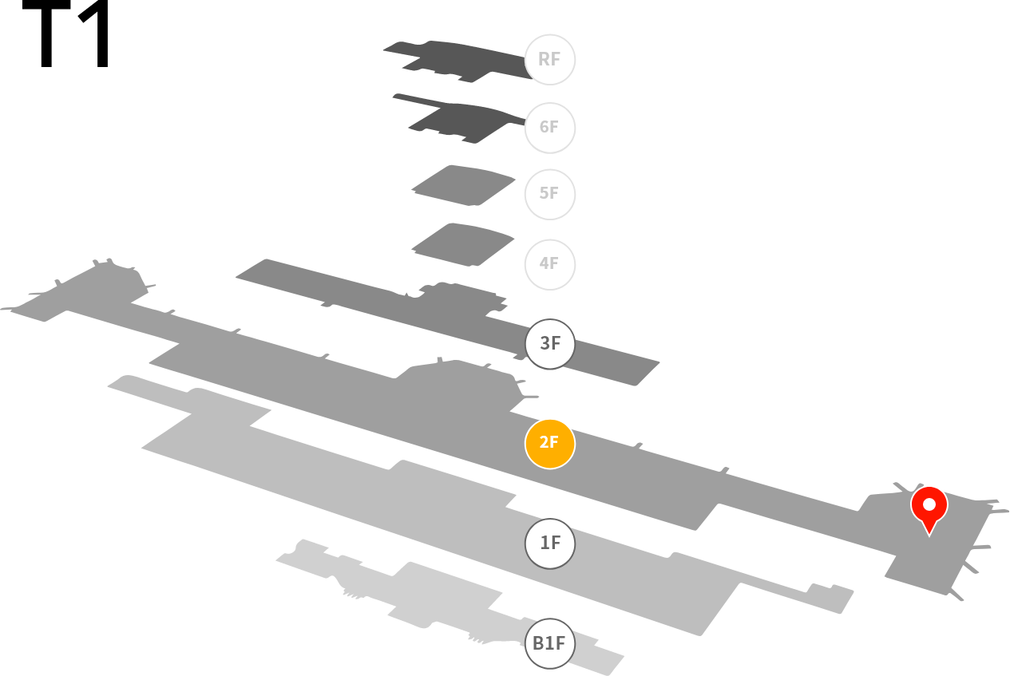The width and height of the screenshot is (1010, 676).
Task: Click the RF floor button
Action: [549, 60]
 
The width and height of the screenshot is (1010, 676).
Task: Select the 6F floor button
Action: [549, 128]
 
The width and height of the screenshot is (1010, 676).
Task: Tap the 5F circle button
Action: [549, 194]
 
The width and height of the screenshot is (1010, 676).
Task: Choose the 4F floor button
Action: [549, 264]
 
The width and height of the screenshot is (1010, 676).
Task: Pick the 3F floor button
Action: [549, 344]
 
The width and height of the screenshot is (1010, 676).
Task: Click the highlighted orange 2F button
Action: [549, 444]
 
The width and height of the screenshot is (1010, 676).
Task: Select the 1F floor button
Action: [549, 544]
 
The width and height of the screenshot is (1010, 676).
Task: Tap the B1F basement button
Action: [549, 643]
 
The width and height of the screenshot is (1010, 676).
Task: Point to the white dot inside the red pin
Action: [929, 504]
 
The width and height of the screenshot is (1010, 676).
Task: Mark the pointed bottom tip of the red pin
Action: [929, 535]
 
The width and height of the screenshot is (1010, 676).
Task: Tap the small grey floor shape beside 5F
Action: [465, 185]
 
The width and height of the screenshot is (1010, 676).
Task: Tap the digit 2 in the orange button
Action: [544, 444]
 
